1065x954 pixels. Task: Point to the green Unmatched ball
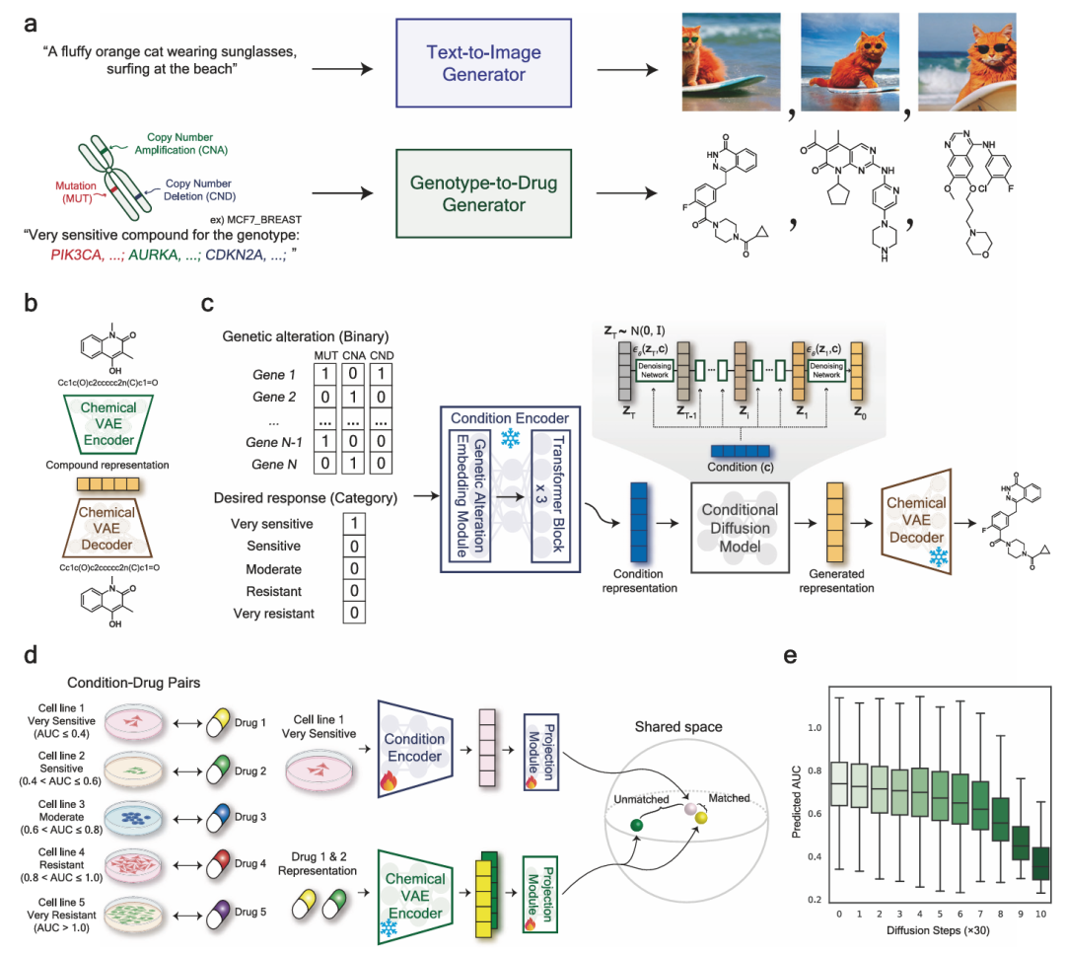pos(637,825)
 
